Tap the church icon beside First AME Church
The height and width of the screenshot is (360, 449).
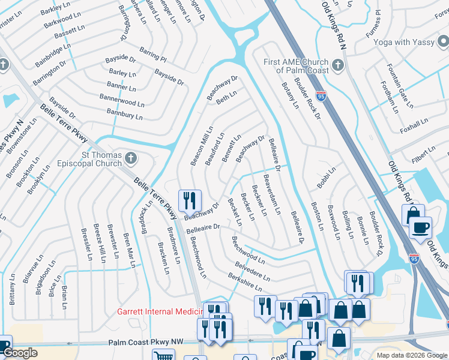tap(338, 65)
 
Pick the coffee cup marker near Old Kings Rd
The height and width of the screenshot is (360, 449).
tap(420, 228)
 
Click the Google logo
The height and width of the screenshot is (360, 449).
tap(19, 353)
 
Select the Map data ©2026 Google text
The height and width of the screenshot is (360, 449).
tap(412, 355)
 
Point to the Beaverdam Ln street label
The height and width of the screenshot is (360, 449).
tap(272, 194)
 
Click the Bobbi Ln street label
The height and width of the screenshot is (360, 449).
tap(327, 178)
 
